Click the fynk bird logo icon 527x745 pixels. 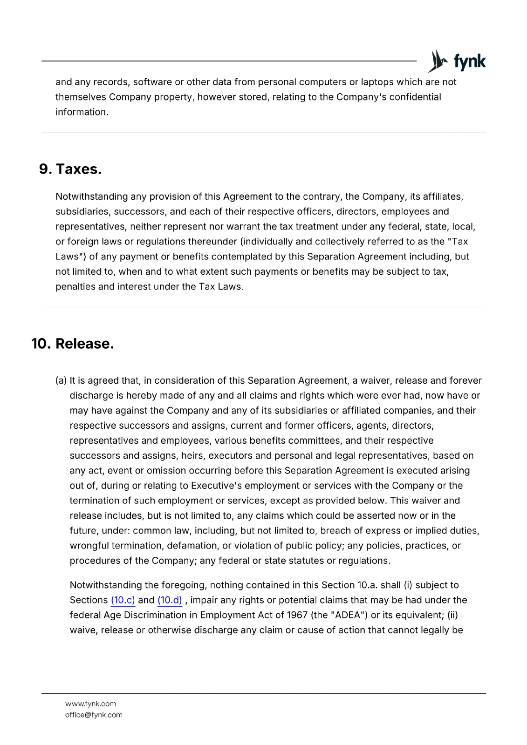pyautogui.click(x=438, y=61)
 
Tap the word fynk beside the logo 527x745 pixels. pyautogui.click(x=470, y=61)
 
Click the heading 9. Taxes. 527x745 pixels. pyautogui.click(x=70, y=169)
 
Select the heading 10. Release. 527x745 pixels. pyautogui.click(x=73, y=344)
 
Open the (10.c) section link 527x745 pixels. pyautogui.click(x=123, y=600)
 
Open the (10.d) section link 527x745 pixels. pyautogui.click(x=170, y=600)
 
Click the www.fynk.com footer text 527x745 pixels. pyautogui.click(x=90, y=704)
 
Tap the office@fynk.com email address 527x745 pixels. pyautogui.click(x=94, y=715)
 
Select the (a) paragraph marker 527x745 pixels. pyautogui.click(x=61, y=381)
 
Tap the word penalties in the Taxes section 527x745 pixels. pyautogui.click(x=75, y=287)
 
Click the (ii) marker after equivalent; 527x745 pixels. pyautogui.click(x=452, y=615)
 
